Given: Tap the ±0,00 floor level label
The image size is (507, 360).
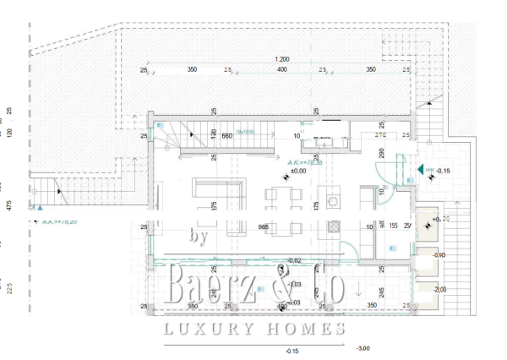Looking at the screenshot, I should pyautogui.click(x=297, y=172).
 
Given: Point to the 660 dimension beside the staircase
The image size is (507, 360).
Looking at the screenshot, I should pyautogui.click(x=204, y=135).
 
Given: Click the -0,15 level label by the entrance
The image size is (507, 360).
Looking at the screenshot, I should pyautogui.click(x=444, y=172).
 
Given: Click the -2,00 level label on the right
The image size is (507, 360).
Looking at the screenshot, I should pyautogui.click(x=439, y=290).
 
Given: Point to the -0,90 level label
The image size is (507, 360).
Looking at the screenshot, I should pyautogui.click(x=439, y=255).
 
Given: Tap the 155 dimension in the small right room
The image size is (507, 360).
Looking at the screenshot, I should pyautogui.click(x=393, y=226).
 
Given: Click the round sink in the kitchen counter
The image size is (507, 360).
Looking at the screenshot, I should pyautogui.click(x=332, y=202).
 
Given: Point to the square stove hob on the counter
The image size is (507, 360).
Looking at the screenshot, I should pyautogui.click(x=332, y=227).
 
